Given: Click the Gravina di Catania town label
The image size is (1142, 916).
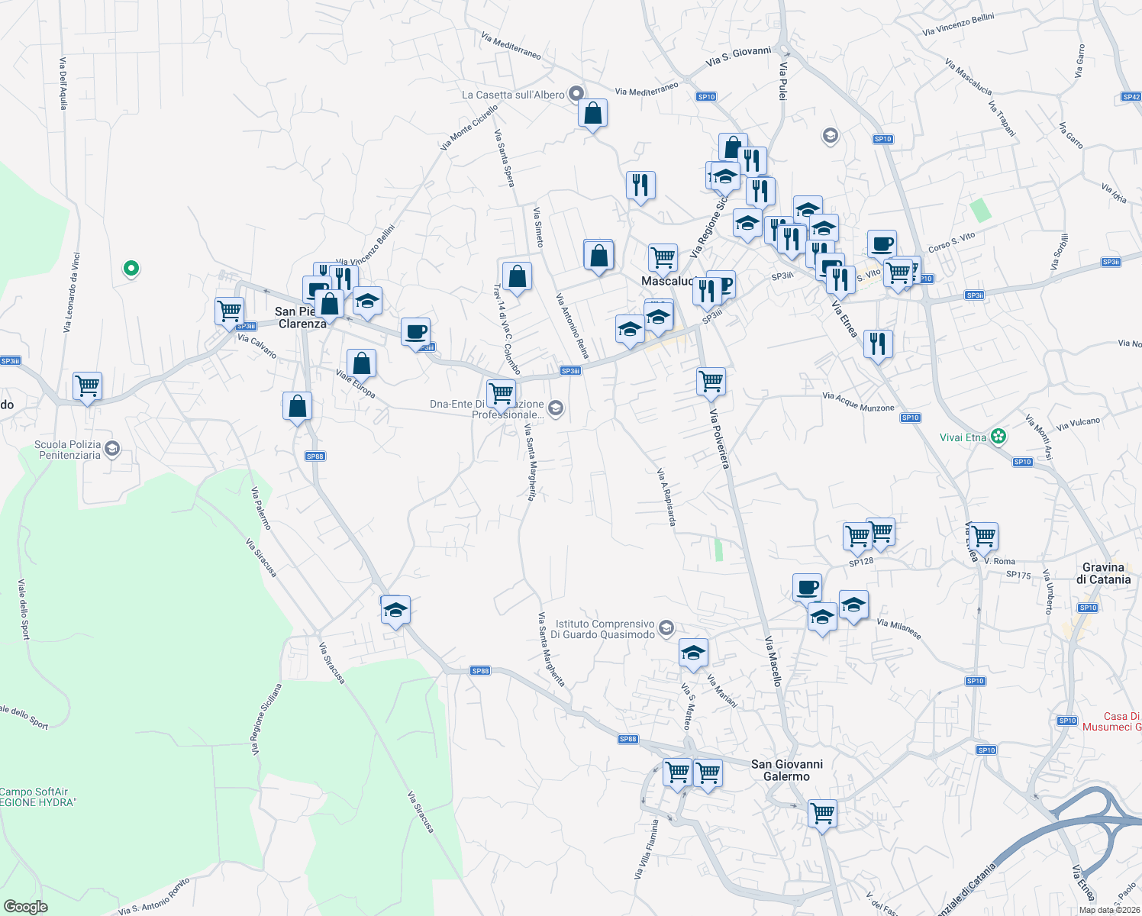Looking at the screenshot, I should [1103, 573].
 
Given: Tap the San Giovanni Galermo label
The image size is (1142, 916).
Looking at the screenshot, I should [787, 770].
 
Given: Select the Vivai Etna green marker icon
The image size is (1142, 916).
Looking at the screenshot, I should [999, 437].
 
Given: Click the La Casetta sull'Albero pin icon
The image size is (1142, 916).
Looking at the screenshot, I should [577, 94].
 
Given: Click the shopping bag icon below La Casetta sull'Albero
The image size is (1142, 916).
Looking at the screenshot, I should [593, 114].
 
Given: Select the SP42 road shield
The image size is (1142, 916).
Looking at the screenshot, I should [1131, 97].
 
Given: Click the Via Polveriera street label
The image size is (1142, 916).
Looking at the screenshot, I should [720, 439].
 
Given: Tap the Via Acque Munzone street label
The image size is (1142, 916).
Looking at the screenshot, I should [858, 402].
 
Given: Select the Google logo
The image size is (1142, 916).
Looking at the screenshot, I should [26, 906].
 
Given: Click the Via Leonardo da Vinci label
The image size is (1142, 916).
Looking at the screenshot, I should [71, 292].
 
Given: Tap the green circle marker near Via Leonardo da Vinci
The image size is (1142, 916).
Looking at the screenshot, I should [131, 268].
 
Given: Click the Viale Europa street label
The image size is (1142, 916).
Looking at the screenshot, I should [356, 383].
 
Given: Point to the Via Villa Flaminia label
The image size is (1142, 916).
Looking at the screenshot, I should [646, 849].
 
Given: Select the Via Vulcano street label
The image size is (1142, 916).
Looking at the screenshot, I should [1078, 424].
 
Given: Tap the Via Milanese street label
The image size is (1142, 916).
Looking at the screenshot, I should [898, 629].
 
